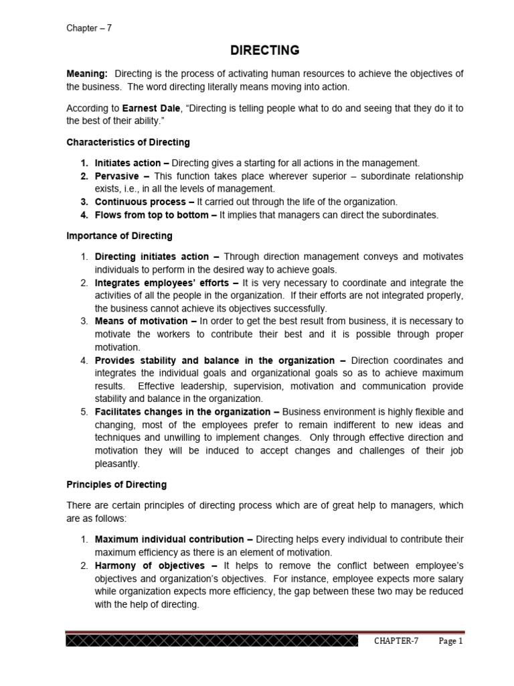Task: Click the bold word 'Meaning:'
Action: click(86, 73)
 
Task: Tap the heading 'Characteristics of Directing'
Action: click(128, 142)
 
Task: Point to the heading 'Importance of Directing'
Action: click(119, 236)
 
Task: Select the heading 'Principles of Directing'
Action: click(116, 484)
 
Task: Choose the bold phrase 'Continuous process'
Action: click(140, 202)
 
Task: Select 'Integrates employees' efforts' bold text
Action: click(161, 283)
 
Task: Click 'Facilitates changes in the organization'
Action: click(183, 412)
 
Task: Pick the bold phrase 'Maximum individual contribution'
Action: click(170, 539)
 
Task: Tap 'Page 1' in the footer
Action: click(450, 641)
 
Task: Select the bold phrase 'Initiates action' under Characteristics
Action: click(128, 163)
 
